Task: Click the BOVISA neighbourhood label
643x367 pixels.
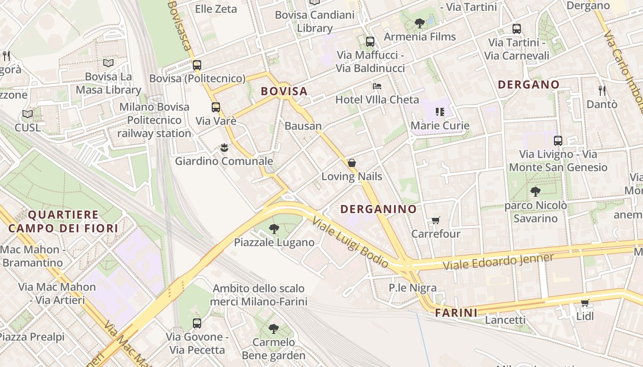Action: click(284, 91)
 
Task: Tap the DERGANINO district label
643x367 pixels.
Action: click(378, 209)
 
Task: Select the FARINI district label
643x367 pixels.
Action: click(456, 313)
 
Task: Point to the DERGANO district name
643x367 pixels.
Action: click(529, 84)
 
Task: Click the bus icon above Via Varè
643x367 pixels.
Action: click(215, 107)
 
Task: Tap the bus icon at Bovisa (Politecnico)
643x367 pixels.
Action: click(197, 65)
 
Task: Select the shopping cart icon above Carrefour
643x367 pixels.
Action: click(435, 220)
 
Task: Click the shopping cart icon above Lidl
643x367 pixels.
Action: click(585, 302)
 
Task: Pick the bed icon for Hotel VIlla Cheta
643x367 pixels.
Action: click(377, 86)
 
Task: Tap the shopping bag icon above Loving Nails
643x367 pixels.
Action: click(351, 162)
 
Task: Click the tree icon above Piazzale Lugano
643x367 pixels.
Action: click(274, 228)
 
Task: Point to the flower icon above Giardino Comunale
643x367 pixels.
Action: click(224, 147)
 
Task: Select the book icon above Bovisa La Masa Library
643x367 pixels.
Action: click(108, 63)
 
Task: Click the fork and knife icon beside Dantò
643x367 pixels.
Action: click(602, 90)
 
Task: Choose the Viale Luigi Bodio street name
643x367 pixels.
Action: click(350, 242)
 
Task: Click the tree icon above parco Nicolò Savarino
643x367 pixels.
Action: click(535, 191)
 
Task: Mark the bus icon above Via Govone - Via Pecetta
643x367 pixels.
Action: click(197, 323)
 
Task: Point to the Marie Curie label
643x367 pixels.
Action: click(440, 125)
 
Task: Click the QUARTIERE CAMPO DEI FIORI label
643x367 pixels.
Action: click(63, 221)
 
